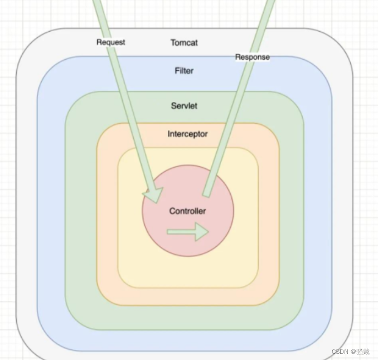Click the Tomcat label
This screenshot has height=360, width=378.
[x=184, y=42]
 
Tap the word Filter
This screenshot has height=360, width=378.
[x=184, y=71]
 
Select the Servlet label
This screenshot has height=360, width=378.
[x=184, y=105]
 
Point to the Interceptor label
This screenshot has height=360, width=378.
[x=187, y=134]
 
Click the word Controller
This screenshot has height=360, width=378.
[x=187, y=211]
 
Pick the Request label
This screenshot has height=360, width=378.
[x=110, y=42]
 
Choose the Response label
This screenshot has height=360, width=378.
[x=252, y=57]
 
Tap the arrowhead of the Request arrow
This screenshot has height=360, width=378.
[x=153, y=195]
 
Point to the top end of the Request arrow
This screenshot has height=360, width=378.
[x=98, y=3]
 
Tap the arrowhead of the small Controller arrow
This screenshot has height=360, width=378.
[x=202, y=232]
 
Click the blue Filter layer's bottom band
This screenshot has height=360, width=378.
[x=184, y=340]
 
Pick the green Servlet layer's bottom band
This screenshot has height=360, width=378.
[x=184, y=318]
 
